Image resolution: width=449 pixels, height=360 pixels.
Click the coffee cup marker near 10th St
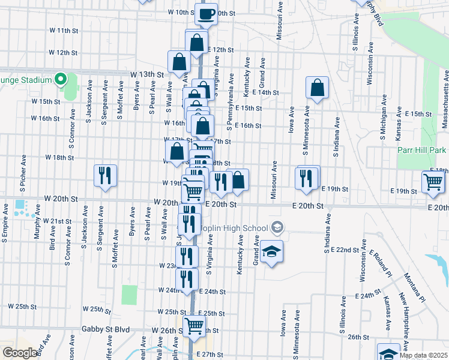(206, 13)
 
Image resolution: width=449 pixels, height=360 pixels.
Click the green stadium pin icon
(60, 79)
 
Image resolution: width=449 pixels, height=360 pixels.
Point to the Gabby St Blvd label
(106, 330)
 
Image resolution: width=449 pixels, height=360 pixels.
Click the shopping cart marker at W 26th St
(194, 326)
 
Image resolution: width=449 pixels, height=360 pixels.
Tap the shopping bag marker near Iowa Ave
(316, 88)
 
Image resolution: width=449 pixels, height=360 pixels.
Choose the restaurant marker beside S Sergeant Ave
(105, 175)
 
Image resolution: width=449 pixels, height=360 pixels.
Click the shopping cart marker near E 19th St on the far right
(433, 181)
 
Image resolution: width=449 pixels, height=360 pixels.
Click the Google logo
(20, 353)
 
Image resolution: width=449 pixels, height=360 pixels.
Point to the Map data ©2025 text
(423, 355)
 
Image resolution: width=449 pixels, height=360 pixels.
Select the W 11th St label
(64, 29)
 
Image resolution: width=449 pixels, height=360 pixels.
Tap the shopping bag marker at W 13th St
(179, 61)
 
